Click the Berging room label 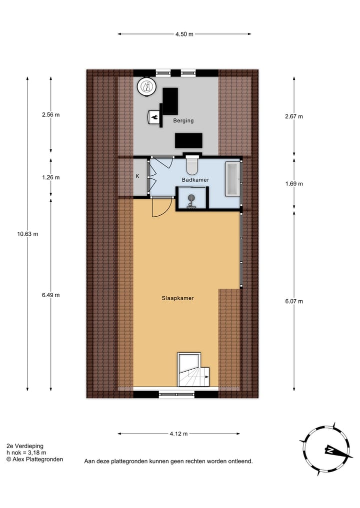pyautogui.click(x=183, y=121)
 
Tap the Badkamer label pyautogui.click(x=195, y=180)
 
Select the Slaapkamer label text pyautogui.click(x=177, y=298)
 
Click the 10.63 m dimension pyautogui.click(x=27, y=234)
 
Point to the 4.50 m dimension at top pyautogui.click(x=184, y=34)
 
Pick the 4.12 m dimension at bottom pyautogui.click(x=178, y=434)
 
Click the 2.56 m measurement pyautogui.click(x=50, y=114)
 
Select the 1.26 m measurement pyautogui.click(x=50, y=177)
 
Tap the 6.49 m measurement pyautogui.click(x=50, y=295)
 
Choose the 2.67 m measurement pyautogui.click(x=294, y=116)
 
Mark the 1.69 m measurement pyautogui.click(x=294, y=183)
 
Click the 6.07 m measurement pyautogui.click(x=294, y=301)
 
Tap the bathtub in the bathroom pyautogui.click(x=233, y=178)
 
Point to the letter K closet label pyautogui.click(x=137, y=176)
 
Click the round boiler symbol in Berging pyautogui.click(x=146, y=87)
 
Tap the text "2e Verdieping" pyautogui.click(x=25, y=446)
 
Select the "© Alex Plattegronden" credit pyautogui.click(x=34, y=460)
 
